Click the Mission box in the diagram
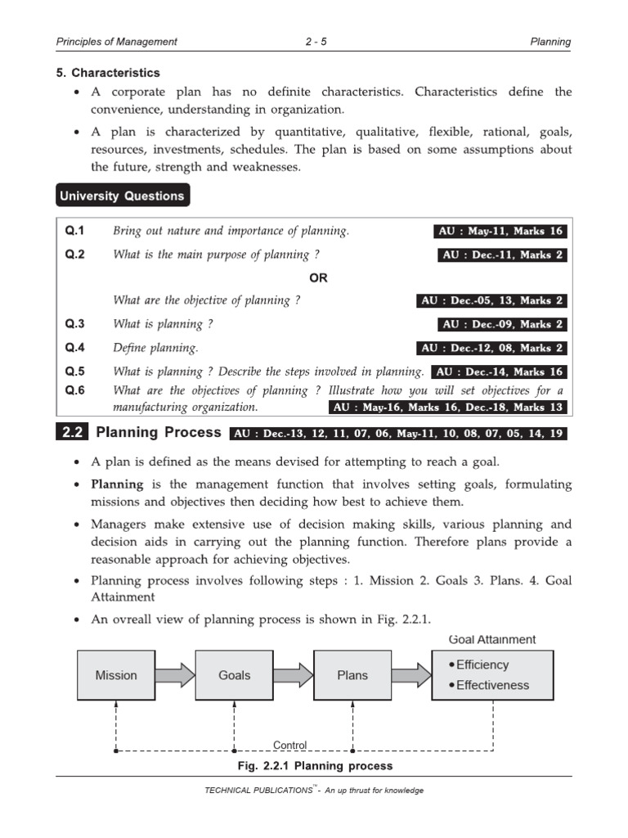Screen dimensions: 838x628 coord(116,675)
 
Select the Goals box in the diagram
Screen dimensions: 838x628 coord(234,675)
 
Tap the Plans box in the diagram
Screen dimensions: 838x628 coord(352,675)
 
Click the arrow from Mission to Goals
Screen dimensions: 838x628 coord(175,675)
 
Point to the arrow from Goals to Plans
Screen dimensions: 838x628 coord(294,675)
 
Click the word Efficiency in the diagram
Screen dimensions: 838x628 coord(482,665)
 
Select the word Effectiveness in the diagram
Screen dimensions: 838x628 coord(492,686)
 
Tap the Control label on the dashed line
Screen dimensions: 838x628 coord(289,745)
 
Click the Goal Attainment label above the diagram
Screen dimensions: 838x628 coord(492,639)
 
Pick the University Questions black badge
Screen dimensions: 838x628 coord(122,196)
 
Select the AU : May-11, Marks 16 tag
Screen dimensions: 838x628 coord(500,232)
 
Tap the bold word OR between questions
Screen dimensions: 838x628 coord(318,278)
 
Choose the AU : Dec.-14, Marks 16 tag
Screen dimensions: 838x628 coord(498,372)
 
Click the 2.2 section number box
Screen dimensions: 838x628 coord(73,433)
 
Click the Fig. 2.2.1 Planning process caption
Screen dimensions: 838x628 coord(314,766)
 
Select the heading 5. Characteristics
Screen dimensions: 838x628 coord(108,73)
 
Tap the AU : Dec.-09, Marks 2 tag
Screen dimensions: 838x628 coord(503,325)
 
